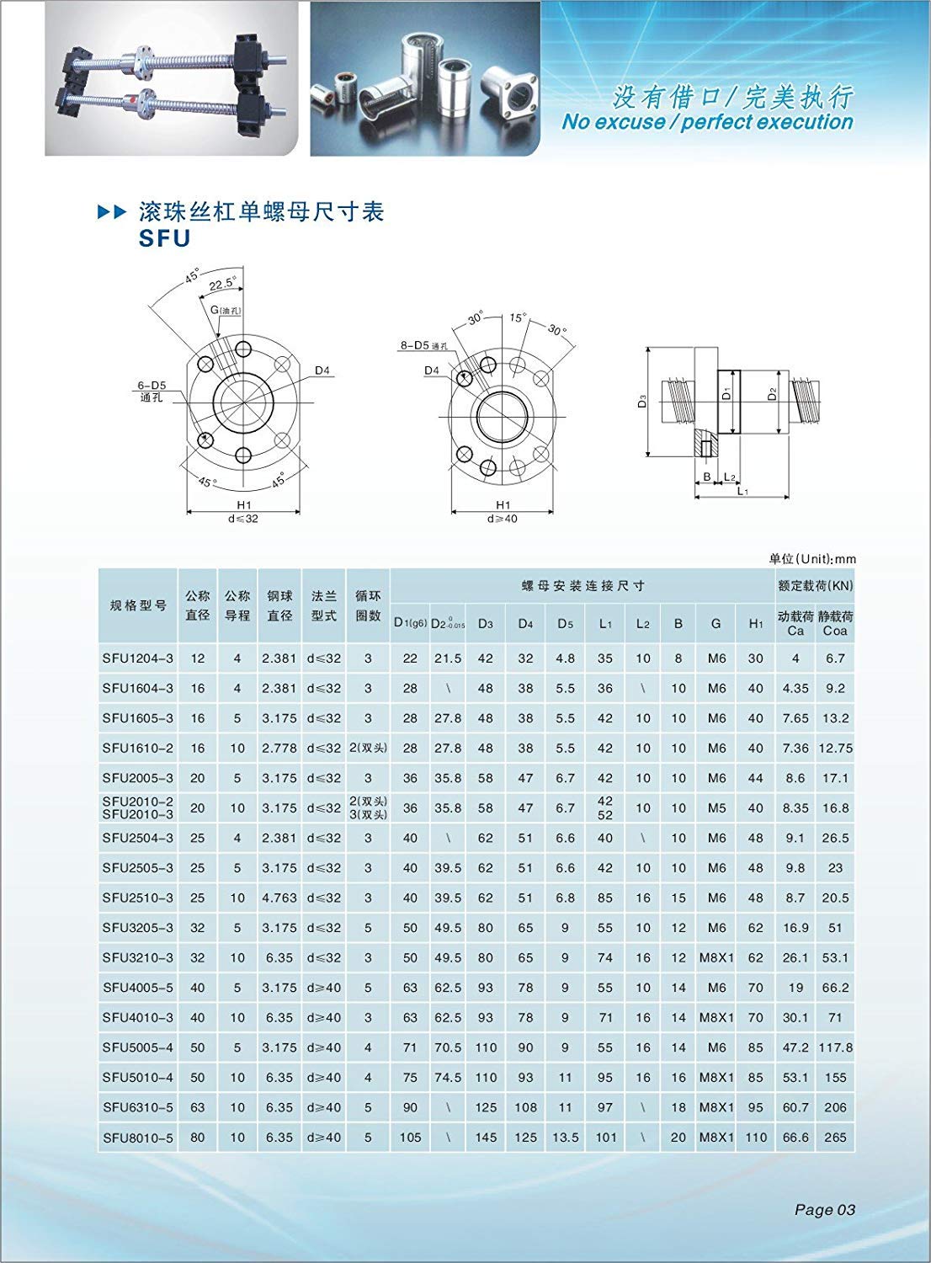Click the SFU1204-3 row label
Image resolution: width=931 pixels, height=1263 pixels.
[x=138, y=658]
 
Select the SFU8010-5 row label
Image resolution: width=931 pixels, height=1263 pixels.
[x=138, y=1138]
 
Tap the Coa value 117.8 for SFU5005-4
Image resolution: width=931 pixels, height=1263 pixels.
[x=835, y=1047]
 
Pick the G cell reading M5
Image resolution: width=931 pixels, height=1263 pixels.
[x=716, y=807]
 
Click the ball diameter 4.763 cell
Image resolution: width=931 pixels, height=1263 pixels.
[x=279, y=898]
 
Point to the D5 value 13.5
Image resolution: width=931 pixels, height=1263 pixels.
[x=565, y=1138]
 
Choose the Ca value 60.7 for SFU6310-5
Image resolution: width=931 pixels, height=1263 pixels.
[x=795, y=1107]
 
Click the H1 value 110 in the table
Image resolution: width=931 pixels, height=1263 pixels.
[x=756, y=1138]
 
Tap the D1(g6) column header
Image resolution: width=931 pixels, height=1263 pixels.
[x=410, y=623]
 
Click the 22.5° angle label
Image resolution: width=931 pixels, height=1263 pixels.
[x=222, y=284]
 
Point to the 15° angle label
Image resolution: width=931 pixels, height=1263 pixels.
[x=517, y=318]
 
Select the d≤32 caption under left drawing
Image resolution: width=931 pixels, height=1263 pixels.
[x=243, y=519]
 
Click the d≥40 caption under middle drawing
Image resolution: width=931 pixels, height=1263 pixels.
[x=503, y=519]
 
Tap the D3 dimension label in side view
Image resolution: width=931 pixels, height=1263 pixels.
[x=642, y=402]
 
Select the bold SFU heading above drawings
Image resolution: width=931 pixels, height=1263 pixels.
[x=165, y=238]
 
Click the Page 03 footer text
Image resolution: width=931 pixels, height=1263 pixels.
[x=824, y=1210]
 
